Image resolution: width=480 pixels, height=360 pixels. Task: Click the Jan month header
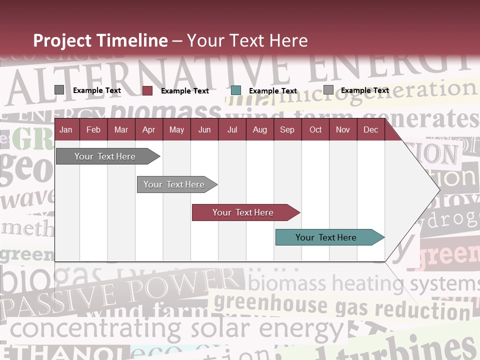tap(66, 130)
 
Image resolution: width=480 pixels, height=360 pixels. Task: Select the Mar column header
tap(121, 130)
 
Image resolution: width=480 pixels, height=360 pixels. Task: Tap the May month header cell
tap(176, 130)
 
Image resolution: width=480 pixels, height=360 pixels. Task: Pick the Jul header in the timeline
tap(232, 130)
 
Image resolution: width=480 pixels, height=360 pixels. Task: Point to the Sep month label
tap(287, 130)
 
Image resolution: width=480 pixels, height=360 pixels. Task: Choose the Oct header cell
tap(315, 130)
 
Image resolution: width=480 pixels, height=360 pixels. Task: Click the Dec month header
tap(370, 130)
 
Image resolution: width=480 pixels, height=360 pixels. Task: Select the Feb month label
tap(93, 130)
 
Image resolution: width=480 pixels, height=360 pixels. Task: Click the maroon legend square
tap(147, 90)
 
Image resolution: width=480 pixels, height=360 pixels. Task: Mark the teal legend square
tap(236, 90)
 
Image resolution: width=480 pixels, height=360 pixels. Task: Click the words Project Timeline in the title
tap(100, 40)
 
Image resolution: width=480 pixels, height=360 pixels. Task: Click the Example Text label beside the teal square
tap(273, 91)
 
